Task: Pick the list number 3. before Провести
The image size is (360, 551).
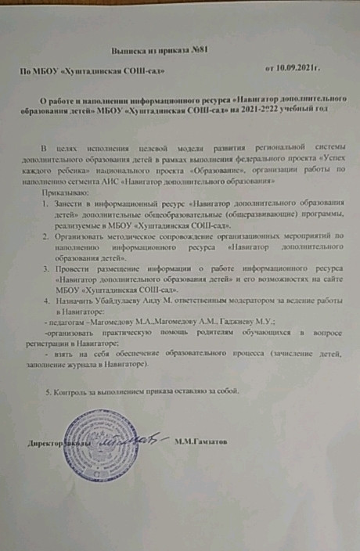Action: click(x=45, y=268)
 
